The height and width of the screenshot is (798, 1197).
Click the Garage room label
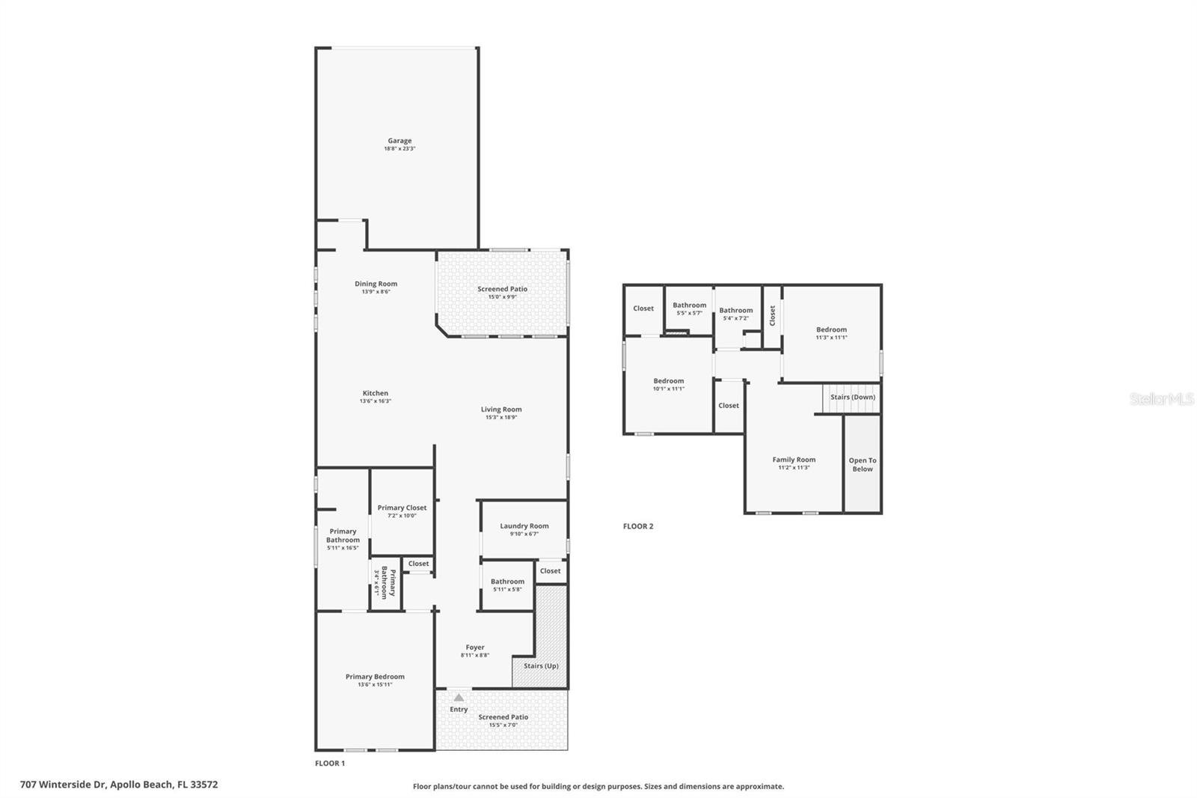[x=399, y=141]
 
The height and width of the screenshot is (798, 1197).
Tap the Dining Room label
[x=376, y=284]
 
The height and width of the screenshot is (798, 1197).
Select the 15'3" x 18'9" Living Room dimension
[x=500, y=418]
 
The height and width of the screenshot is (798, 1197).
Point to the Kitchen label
[x=376, y=393]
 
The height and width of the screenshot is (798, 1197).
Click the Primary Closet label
[x=402, y=508]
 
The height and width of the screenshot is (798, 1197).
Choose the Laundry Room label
[x=524, y=526]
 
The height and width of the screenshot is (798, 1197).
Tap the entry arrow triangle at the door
[x=459, y=698]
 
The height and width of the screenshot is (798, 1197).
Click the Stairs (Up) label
[x=540, y=665]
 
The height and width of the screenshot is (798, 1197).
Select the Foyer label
[x=475, y=648]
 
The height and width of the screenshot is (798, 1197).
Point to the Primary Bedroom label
[x=375, y=677]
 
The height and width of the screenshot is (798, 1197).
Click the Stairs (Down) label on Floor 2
[x=852, y=398]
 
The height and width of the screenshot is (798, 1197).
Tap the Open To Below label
[x=862, y=465]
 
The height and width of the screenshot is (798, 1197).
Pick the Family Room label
[x=794, y=460]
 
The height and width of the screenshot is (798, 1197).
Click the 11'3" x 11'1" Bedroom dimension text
[x=831, y=338]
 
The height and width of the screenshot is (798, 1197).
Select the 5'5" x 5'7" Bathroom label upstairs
[x=689, y=305]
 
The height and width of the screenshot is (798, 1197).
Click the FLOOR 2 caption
[x=638, y=526]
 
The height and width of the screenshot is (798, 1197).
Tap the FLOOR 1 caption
[x=330, y=764]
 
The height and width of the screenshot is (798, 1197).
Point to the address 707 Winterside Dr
[x=119, y=785]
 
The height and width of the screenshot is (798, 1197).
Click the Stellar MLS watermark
[x=1161, y=400]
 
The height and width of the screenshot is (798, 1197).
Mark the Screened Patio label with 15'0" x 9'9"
[x=502, y=289]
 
